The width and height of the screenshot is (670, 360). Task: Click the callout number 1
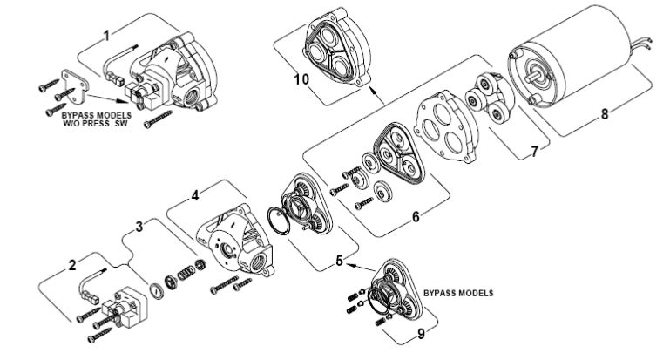(x=107, y=36)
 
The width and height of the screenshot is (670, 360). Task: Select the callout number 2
(x=72, y=265)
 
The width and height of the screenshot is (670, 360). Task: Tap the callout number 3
(x=139, y=227)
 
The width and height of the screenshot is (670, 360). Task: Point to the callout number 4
(x=195, y=196)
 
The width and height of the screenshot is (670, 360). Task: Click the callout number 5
(x=339, y=261)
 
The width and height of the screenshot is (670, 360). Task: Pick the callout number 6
(x=416, y=217)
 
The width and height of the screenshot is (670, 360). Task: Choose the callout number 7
(x=534, y=152)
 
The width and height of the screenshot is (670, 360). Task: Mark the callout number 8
(x=604, y=114)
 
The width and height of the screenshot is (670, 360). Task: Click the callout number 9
(x=422, y=334)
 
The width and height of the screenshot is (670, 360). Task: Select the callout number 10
(x=301, y=79)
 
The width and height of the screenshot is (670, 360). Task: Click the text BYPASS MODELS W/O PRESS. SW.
(x=97, y=119)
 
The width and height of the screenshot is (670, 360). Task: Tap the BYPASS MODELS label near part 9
(x=458, y=293)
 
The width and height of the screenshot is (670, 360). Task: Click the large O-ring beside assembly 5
(x=278, y=221)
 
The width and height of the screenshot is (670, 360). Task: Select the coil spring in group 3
(x=185, y=273)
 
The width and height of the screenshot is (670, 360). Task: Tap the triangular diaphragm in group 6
(x=400, y=153)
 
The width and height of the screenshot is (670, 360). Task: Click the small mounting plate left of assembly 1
(x=75, y=86)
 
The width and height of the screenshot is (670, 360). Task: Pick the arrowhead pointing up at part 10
(x=373, y=89)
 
